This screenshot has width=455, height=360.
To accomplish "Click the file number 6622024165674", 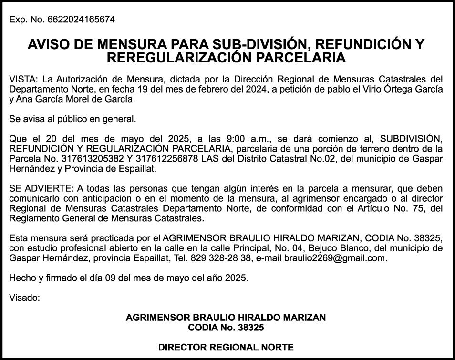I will pos(81,20).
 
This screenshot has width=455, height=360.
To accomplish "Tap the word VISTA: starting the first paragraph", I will pos(21,79).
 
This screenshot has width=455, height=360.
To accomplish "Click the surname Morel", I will pos(72,99).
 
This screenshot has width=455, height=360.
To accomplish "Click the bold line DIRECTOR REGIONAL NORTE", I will pos(226,347).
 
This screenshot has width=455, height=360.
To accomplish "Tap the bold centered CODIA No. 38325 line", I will pos(226,328).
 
